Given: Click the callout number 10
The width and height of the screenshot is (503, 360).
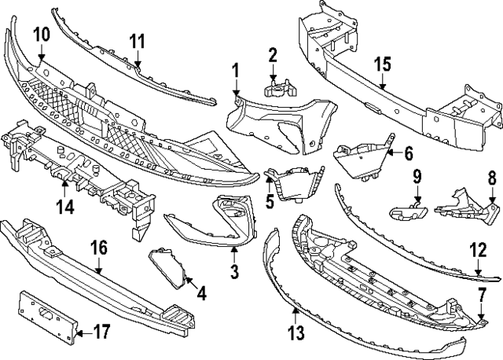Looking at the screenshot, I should point(41,34).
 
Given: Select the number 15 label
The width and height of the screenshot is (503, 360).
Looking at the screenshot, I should point(382,64).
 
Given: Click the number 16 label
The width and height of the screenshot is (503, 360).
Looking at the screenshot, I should point(98,249).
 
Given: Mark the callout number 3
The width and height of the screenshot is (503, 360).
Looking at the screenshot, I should point(234,272).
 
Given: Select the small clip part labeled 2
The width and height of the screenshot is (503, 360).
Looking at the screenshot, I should point(273,89).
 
